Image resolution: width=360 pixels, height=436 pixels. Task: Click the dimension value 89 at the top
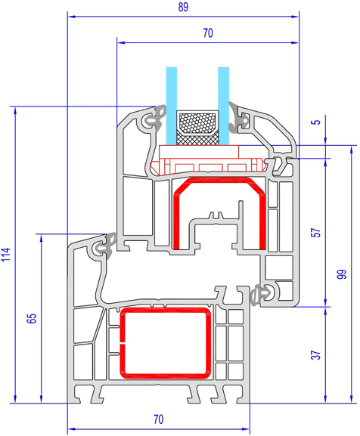(183, 7)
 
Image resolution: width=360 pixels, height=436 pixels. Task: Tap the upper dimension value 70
(208, 33)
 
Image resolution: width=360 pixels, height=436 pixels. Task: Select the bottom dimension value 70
(159, 419)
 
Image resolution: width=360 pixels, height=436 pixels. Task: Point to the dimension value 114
(6, 255)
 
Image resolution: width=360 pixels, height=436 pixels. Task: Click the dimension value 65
(32, 318)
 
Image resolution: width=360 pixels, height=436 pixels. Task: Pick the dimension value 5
(316, 122)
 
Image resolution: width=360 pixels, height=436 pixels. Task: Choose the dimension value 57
(316, 233)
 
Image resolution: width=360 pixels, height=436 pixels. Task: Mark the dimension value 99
(343, 274)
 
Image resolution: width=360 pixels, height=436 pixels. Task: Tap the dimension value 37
(316, 355)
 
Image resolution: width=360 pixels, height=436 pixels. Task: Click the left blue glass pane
(172, 106)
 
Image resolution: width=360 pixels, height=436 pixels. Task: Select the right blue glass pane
(223, 106)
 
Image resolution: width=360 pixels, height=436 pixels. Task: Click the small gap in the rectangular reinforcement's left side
(122, 343)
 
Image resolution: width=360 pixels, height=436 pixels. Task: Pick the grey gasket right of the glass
(236, 118)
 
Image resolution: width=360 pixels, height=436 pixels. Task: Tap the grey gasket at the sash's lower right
(261, 295)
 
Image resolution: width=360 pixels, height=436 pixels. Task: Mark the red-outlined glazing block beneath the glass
(209, 166)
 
